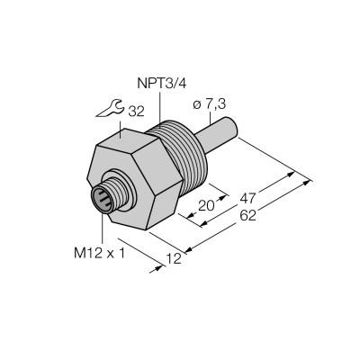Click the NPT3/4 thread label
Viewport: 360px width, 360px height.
point(162,84)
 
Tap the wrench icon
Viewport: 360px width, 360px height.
point(111,109)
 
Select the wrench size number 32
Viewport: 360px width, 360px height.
point(136,112)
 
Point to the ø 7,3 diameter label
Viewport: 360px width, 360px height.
point(209,104)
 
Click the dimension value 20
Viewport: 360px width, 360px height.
point(207,206)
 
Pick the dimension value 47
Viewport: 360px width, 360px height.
point(247,198)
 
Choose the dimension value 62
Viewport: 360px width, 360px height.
point(247,215)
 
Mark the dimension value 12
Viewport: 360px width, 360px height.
point(174,258)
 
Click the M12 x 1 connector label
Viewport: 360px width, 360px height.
point(99,254)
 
